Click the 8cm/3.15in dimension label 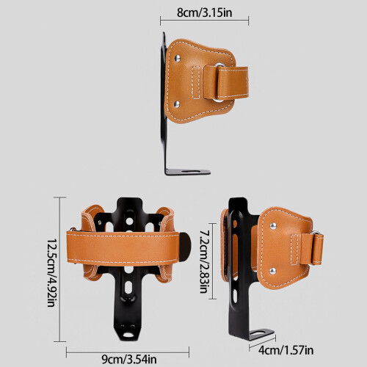coord(204,12)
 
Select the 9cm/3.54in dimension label coord(129,360)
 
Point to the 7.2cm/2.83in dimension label coord(204,261)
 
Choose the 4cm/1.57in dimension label coord(286,350)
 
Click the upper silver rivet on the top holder coord(177,58)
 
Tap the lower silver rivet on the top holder coord(177,104)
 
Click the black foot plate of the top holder coord(188,172)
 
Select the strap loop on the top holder coord(225,83)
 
